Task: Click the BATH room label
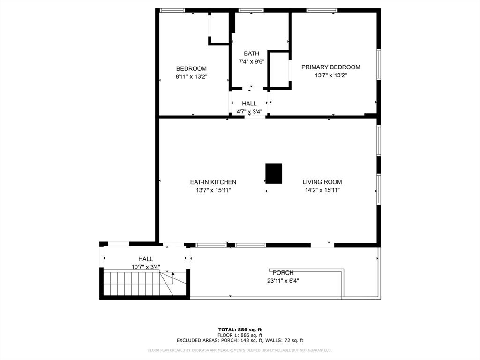pyautogui.click(x=251, y=53)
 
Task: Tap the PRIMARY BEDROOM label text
pyautogui.click(x=330, y=67)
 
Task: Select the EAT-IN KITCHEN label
pyautogui.click(x=213, y=182)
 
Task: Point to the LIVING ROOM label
pyautogui.click(x=322, y=182)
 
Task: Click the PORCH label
pyautogui.click(x=283, y=273)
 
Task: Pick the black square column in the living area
pyautogui.click(x=274, y=173)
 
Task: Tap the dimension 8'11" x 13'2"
pyautogui.click(x=191, y=76)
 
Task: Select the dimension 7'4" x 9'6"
pyautogui.click(x=251, y=61)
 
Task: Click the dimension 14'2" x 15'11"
pyautogui.click(x=322, y=190)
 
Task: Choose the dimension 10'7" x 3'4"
pyautogui.click(x=145, y=267)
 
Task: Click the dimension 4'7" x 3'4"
pyautogui.click(x=249, y=112)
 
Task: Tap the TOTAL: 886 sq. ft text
pyautogui.click(x=240, y=330)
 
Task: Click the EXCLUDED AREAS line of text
pyautogui.click(x=240, y=340)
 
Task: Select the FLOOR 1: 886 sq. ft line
pyautogui.click(x=240, y=335)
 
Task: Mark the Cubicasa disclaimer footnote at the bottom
pyautogui.click(x=240, y=350)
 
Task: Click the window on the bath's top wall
pyautogui.click(x=251, y=10)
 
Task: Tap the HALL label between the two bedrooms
pyautogui.click(x=249, y=104)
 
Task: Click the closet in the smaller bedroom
pyautogui.click(x=219, y=28)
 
